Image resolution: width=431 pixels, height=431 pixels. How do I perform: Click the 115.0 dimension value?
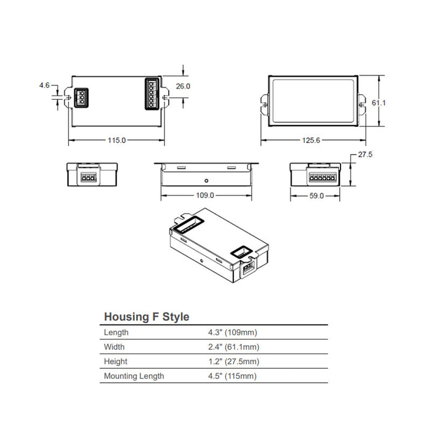pos(116,140)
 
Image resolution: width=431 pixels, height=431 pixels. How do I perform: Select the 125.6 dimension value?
pos(312,141)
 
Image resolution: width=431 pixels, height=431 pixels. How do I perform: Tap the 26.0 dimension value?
pos(183,87)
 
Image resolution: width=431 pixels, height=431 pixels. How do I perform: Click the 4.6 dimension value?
pos(44,86)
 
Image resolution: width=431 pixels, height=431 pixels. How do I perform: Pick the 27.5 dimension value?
pos(365,155)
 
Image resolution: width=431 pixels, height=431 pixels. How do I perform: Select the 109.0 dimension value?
pos(205,196)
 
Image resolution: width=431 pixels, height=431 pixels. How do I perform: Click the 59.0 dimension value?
pos(316,196)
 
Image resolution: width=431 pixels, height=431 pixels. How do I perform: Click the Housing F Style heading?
pos(147,317)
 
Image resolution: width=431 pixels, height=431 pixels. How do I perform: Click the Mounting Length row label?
pos(134,376)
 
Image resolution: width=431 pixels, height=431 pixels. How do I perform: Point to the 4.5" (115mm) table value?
pos(233,376)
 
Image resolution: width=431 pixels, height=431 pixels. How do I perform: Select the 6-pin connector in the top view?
pos(151,94)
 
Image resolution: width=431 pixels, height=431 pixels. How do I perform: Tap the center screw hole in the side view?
pos(206,181)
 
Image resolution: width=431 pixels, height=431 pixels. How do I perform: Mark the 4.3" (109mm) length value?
pos(234,332)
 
